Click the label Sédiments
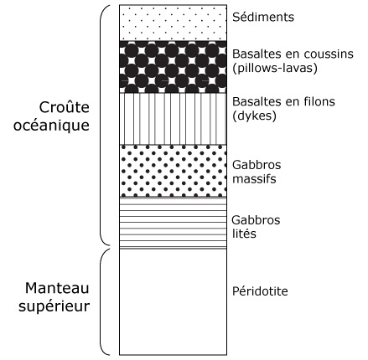[x=263, y=17]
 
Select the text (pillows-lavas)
[x=275, y=68]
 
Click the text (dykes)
[x=254, y=116]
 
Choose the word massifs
[x=254, y=178]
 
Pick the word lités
[x=244, y=234]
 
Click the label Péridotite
[x=260, y=291]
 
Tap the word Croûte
[x=64, y=107]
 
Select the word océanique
[x=51, y=126]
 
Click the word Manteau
[x=57, y=288]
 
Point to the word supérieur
[x=54, y=306]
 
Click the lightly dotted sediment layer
[x=173, y=23]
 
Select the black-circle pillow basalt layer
[x=173, y=67]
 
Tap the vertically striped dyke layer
[x=173, y=119]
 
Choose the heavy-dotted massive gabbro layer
[x=173, y=171]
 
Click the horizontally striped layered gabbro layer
[x=173, y=223]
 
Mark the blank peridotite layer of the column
[x=173, y=301]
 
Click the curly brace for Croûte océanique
[x=100, y=125]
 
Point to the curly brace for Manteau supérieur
[x=101, y=301]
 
